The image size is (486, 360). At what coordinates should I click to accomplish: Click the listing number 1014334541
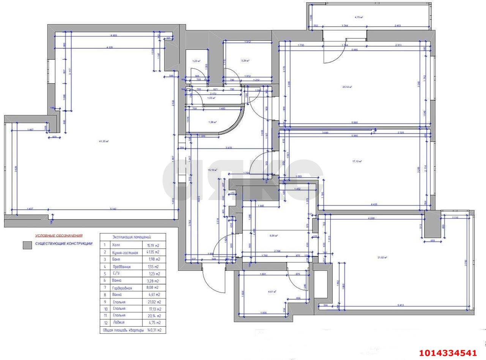(448, 353)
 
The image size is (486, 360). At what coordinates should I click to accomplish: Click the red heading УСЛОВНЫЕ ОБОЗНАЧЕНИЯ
(58, 235)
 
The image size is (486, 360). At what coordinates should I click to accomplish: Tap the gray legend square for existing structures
(27, 245)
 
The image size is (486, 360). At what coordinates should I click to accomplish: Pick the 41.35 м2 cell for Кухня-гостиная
(153, 252)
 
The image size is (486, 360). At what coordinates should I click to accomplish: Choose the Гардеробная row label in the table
(122, 288)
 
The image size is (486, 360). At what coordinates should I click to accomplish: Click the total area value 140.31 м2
(154, 330)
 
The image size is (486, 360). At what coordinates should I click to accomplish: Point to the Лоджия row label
(119, 322)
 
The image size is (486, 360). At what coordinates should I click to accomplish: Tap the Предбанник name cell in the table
(121, 267)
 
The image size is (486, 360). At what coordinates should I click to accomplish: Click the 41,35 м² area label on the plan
(104, 141)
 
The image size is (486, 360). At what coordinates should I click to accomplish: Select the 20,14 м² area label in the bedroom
(347, 87)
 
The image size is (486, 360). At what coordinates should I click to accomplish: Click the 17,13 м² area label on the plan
(357, 161)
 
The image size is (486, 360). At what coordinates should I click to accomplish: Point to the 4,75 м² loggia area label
(359, 17)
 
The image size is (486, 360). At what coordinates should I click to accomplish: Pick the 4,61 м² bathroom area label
(272, 292)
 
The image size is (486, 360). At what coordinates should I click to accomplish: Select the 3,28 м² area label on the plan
(245, 61)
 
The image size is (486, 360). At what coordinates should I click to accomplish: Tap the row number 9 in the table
(104, 302)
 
